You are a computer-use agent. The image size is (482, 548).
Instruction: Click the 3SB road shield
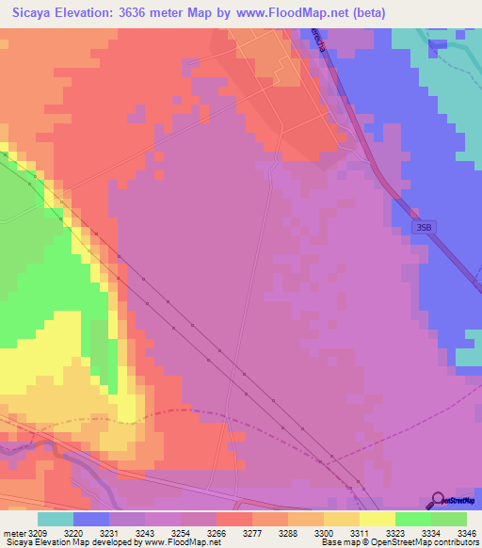(x=425, y=227)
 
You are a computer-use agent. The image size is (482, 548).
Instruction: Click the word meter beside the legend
(x=16, y=534)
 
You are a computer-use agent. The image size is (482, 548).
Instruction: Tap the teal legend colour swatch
(x=56, y=519)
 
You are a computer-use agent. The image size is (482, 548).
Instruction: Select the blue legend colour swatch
(x=91, y=519)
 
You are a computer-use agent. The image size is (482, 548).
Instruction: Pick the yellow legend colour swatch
(x=378, y=519)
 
